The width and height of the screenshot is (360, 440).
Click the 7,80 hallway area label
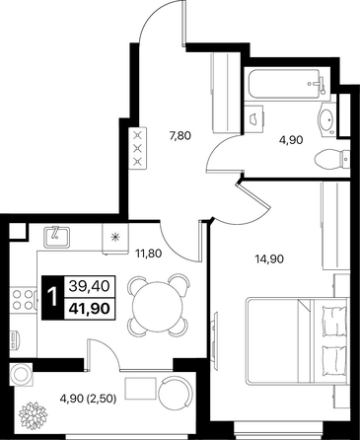click(x=180, y=135)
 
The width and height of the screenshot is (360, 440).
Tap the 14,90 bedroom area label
click(x=269, y=259)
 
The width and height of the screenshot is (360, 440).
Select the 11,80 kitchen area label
click(x=148, y=254)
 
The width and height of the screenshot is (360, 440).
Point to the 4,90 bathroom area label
click(x=291, y=140)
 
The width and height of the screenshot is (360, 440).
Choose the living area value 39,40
click(x=89, y=286)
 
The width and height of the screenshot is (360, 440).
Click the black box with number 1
click(x=52, y=297)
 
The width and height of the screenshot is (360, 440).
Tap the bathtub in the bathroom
click(x=286, y=84)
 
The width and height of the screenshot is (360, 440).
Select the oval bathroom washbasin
click(x=326, y=118)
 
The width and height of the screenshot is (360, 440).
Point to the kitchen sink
click(x=56, y=237)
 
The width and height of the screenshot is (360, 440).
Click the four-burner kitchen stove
click(x=23, y=299)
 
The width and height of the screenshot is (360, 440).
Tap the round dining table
click(x=157, y=305)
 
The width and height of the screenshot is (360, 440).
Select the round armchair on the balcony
click(x=174, y=390)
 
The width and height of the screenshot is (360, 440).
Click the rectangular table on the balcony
click(x=140, y=389)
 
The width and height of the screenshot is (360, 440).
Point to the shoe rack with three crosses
click(x=138, y=148)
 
